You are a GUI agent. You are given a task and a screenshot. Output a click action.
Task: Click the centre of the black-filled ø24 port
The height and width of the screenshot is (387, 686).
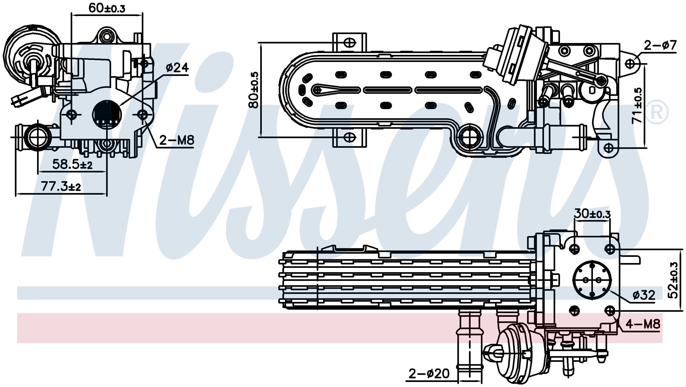pyautogui.click(x=107, y=115)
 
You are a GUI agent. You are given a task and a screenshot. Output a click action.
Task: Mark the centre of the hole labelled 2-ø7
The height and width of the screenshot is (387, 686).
pyautogui.click(x=630, y=64)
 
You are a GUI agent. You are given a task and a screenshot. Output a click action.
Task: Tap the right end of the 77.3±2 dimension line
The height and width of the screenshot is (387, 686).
pyautogui.click(x=107, y=194)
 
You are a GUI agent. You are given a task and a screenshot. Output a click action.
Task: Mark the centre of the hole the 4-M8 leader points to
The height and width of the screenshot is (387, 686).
pyautogui.click(x=610, y=311)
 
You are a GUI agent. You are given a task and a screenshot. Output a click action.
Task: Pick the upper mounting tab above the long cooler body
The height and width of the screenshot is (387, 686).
pyautogui.click(x=349, y=43)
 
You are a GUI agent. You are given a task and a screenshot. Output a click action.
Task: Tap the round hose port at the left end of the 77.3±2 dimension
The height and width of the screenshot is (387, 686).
pyautogui.click(x=38, y=137)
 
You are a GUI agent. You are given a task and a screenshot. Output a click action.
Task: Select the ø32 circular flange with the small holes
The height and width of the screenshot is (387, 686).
pyautogui.click(x=592, y=280)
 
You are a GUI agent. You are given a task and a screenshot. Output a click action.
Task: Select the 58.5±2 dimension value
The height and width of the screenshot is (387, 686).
pyautogui.click(x=72, y=164)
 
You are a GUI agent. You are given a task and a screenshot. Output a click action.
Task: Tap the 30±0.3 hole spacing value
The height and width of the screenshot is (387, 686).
pyautogui.click(x=592, y=214)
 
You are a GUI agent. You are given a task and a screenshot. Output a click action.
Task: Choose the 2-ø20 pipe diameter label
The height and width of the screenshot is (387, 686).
pyautogui.click(x=429, y=374)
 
